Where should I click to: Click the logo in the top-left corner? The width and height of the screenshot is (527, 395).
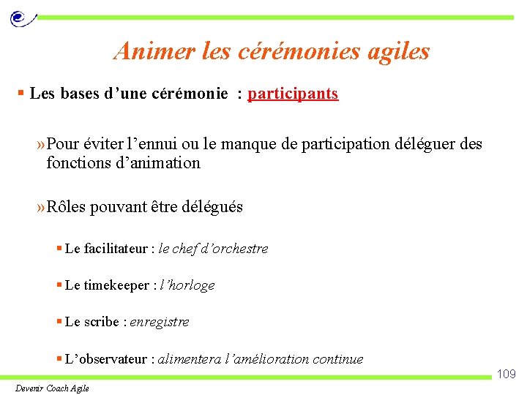20,18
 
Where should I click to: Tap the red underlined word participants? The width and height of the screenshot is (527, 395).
293,94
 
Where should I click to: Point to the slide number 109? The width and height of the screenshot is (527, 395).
507,375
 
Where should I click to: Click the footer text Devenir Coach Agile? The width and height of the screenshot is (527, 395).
52,388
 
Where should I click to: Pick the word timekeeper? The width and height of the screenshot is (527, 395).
117,285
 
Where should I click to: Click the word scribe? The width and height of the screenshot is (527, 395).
101,322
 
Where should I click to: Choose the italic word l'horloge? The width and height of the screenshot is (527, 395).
187,285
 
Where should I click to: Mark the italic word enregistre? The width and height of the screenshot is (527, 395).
160,322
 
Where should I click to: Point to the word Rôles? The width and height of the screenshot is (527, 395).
66,207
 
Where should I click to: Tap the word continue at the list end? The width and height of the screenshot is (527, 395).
337,359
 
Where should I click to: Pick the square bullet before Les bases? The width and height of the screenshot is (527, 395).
22,94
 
